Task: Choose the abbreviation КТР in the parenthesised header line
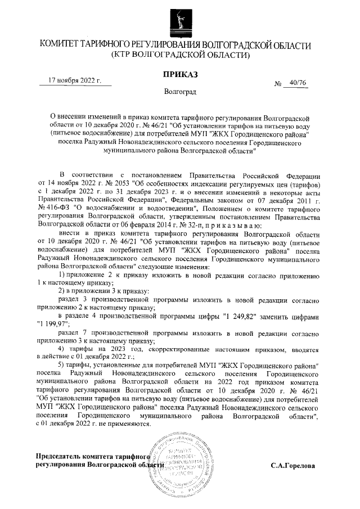pos(125,55)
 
